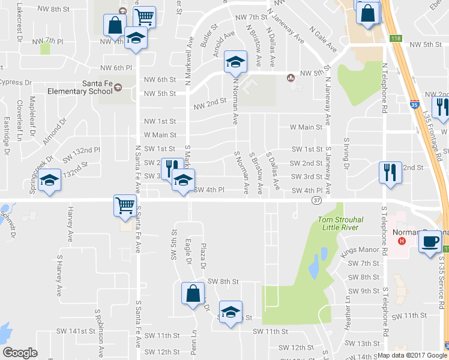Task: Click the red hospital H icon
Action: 402,241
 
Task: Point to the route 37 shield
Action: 318,200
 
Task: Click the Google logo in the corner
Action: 20,353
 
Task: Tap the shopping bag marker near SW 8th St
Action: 193,294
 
